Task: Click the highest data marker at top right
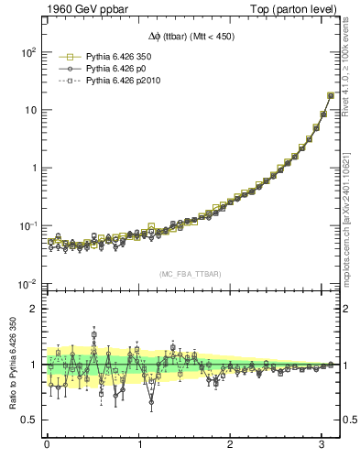[x=331, y=95]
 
